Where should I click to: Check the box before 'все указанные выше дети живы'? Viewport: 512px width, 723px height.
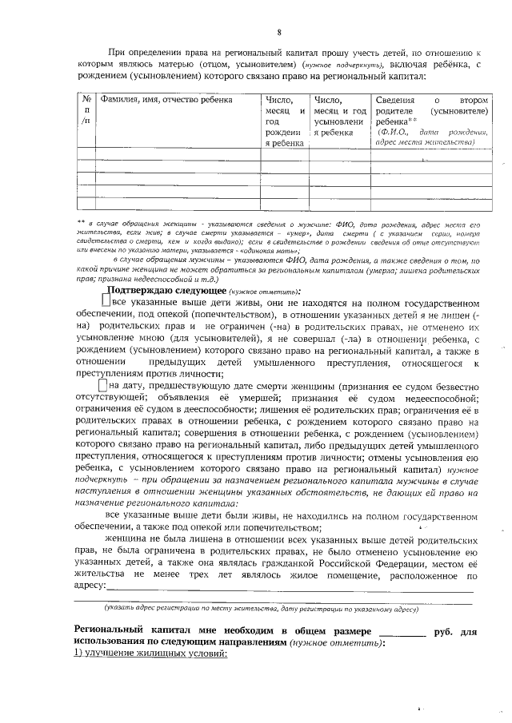tap(105, 302)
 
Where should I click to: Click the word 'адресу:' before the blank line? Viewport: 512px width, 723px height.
tap(89, 586)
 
